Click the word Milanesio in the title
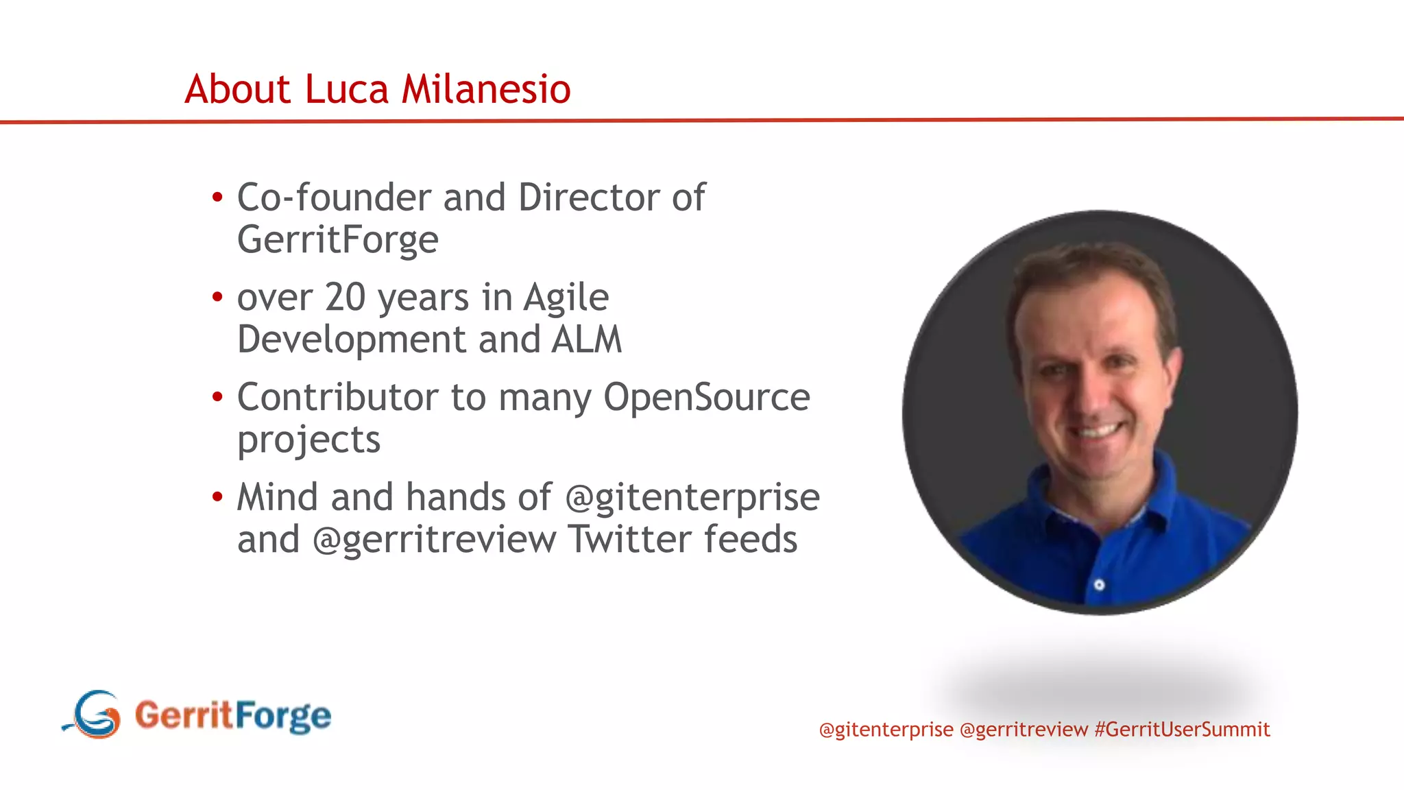tap(485, 89)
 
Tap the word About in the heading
tap(238, 89)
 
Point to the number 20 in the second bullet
tap(345, 298)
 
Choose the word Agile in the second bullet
tap(566, 299)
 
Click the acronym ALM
tap(587, 339)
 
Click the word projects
tap(308, 440)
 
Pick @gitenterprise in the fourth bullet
tap(692, 498)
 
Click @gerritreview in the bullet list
tap(435, 540)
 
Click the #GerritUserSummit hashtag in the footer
tap(1183, 729)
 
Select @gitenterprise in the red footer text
tap(886, 730)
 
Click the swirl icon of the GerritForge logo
tap(94, 715)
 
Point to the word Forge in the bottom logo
tap(283, 716)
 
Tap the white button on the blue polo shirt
tap(1099, 585)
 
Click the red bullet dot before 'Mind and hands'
tap(217, 496)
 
